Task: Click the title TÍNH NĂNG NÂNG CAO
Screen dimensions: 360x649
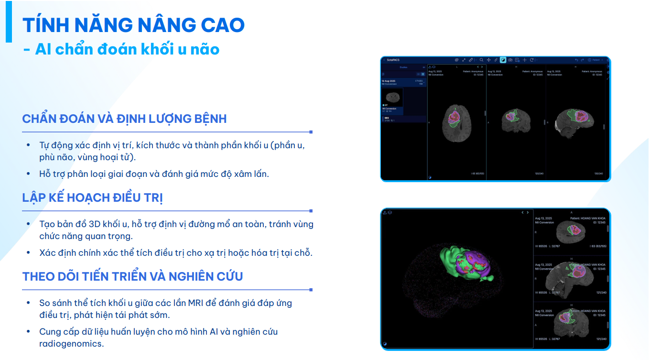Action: point(133,25)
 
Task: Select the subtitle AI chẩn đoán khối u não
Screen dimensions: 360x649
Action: point(127,49)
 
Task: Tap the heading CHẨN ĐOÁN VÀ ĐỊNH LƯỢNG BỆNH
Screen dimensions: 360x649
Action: point(124,119)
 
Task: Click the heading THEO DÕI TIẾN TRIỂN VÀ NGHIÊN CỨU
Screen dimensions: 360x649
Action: point(132,276)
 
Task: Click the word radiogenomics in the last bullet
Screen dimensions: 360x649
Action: point(71,343)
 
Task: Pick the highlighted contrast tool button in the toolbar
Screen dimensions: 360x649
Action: point(503,60)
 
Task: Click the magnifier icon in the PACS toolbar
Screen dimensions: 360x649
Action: point(481,60)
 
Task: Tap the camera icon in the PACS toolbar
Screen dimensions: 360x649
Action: point(510,60)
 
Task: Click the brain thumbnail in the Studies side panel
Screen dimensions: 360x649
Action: point(392,97)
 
